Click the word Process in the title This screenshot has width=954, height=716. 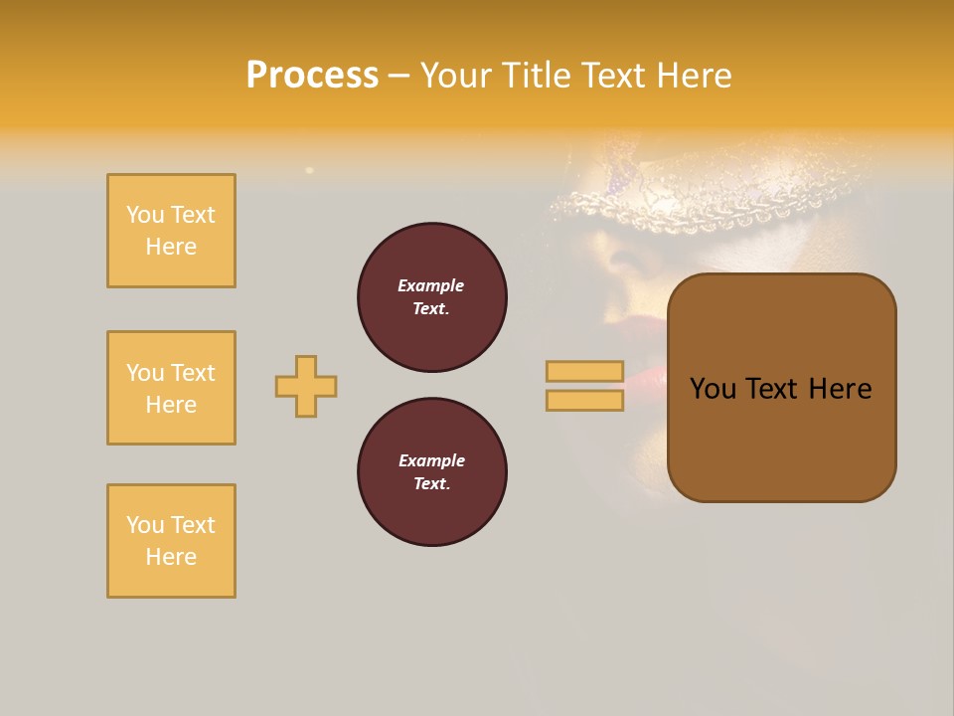coord(312,76)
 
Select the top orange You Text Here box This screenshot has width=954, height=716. coord(171,231)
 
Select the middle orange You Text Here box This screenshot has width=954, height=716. coord(171,388)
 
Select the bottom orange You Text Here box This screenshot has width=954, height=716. coord(171,541)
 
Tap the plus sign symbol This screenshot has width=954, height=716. coord(306,386)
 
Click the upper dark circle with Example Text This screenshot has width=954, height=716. coord(432,297)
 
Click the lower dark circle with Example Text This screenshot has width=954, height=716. coord(432,472)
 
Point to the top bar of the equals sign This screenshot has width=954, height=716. coord(584,371)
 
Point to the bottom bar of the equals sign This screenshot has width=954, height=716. coord(584,400)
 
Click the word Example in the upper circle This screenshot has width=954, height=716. coord(431,285)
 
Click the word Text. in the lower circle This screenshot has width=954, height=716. coord(431,484)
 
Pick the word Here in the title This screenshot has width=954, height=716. coord(697,76)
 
